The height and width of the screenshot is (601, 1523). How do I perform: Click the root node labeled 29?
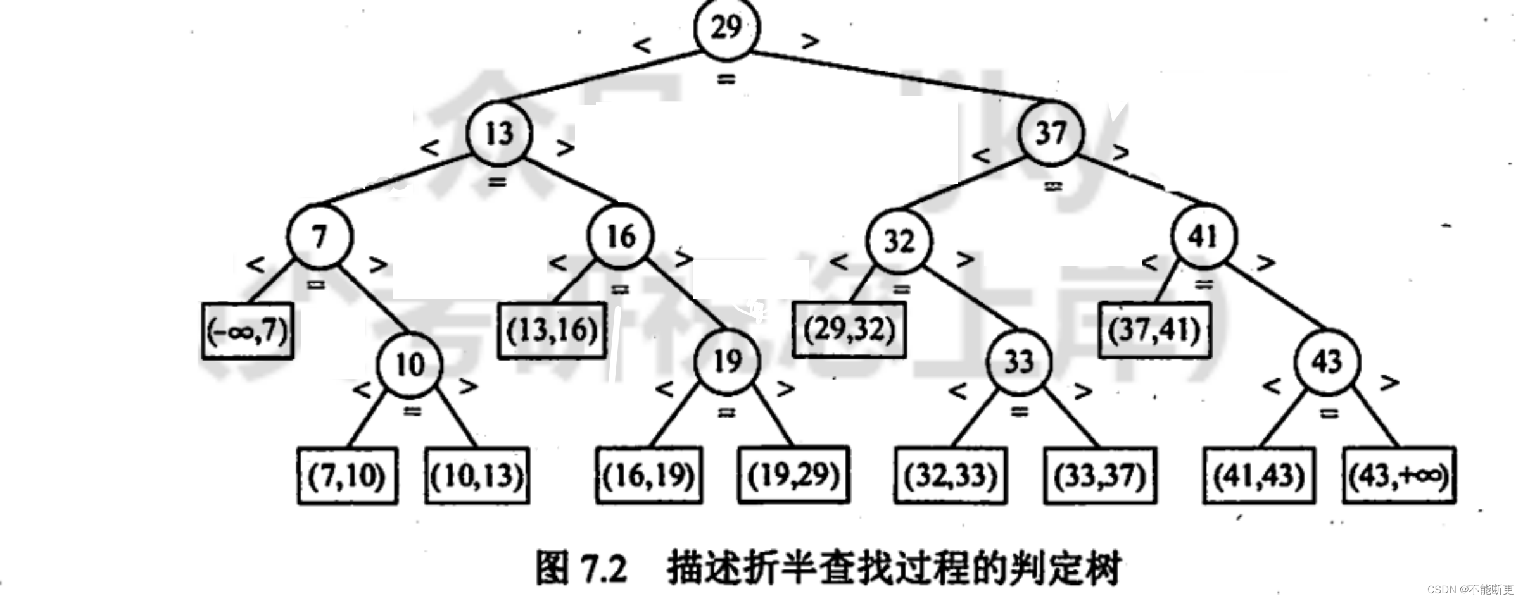pos(726,27)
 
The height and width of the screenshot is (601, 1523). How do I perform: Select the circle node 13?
pos(499,133)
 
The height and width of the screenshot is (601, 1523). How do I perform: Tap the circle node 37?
pos(1051,133)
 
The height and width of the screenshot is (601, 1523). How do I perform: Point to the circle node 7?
pos(319,237)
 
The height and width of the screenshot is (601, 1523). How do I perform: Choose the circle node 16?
pos(621,236)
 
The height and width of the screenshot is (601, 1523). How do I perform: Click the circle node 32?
pos(899,241)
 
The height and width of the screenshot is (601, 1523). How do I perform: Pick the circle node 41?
pos(1203,236)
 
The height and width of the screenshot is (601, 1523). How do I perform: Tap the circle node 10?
pos(409,365)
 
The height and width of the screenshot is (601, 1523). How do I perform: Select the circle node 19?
pos(727,361)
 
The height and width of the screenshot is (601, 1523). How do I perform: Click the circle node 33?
pos(1018,362)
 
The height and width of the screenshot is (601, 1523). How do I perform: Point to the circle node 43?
pos(1326,361)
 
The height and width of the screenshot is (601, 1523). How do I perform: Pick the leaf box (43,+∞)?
pos(1398,476)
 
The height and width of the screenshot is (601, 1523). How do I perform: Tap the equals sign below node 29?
pos(726,80)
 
